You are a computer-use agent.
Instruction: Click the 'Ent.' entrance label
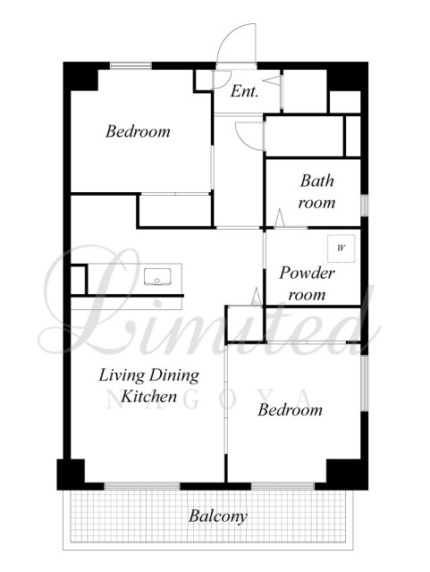pyautogui.click(x=244, y=91)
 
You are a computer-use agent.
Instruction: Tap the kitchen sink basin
pyautogui.click(x=157, y=276)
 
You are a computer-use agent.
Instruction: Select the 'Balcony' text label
pyautogui.click(x=218, y=517)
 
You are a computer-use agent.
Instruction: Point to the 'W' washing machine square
pyautogui.click(x=341, y=248)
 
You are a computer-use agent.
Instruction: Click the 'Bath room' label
pyautogui.click(x=316, y=191)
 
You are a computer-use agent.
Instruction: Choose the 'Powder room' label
pyautogui.click(x=307, y=283)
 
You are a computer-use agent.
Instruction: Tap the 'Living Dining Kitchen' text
pyautogui.click(x=149, y=385)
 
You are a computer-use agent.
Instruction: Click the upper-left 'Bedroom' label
pyautogui.click(x=138, y=131)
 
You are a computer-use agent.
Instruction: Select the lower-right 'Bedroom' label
pyautogui.click(x=291, y=409)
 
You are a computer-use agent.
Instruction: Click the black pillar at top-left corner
pyautogui.click(x=81, y=77)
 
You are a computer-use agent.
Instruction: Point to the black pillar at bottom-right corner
pyautogui.click(x=347, y=475)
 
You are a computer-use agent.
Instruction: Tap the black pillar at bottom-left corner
pyautogui.click(x=71, y=475)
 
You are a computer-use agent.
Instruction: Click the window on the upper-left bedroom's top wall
pyautogui.click(x=131, y=65)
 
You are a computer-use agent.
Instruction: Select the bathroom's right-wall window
pyautogui.click(x=365, y=206)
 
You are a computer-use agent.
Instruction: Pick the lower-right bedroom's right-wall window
pyautogui.click(x=365, y=383)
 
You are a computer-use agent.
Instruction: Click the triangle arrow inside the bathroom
pyautogui.click(x=279, y=218)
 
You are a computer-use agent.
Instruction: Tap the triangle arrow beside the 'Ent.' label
pyautogui.click(x=272, y=80)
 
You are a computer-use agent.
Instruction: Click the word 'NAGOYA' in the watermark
pyautogui.click(x=208, y=399)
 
